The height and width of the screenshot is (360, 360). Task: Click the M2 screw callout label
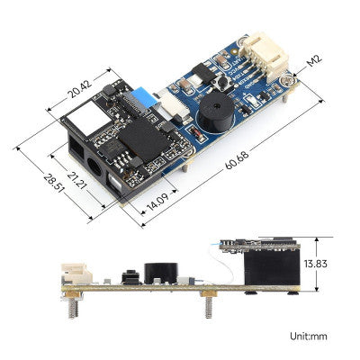tap(313, 61)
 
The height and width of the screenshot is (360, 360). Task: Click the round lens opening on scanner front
tap(93, 167)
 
